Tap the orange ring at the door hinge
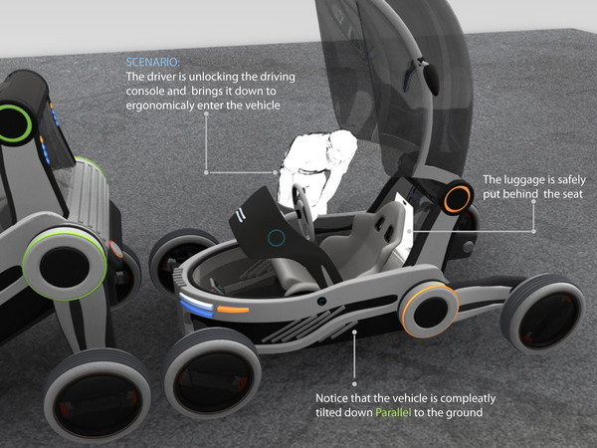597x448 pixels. click(x=458, y=197)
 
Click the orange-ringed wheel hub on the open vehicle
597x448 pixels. click(x=430, y=310)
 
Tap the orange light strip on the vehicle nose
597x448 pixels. click(x=233, y=310)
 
